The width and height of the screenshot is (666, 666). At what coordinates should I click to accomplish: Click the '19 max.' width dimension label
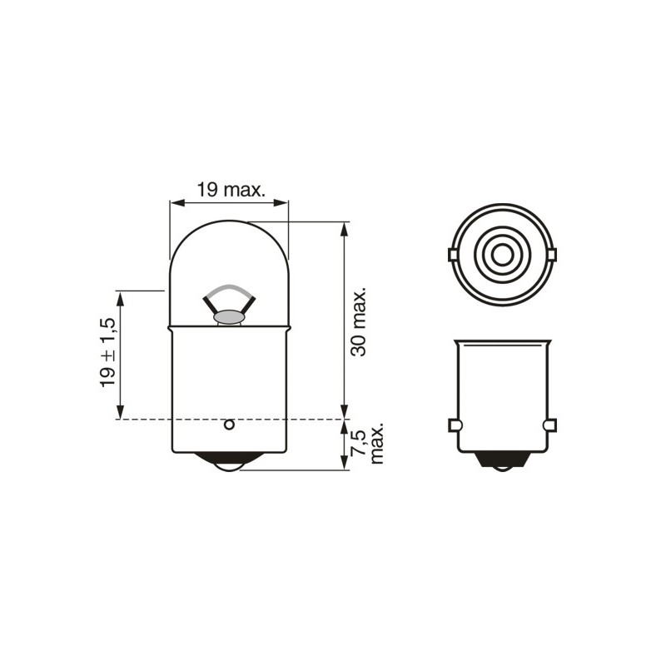(231, 190)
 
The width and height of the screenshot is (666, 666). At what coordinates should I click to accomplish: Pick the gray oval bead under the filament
(228, 317)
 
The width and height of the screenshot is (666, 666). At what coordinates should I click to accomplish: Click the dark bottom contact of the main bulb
(228, 462)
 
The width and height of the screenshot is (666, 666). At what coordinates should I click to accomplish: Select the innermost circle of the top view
(500, 253)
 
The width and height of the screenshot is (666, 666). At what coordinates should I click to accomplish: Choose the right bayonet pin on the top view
(550, 254)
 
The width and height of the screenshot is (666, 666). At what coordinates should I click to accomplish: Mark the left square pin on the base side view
(454, 425)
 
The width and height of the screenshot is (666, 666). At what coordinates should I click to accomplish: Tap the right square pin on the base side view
(548, 425)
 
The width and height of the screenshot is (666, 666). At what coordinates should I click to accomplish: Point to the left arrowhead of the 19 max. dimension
(173, 201)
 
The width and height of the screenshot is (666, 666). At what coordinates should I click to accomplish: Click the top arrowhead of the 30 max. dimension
(344, 226)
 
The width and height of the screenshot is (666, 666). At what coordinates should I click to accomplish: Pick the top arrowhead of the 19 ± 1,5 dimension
(122, 296)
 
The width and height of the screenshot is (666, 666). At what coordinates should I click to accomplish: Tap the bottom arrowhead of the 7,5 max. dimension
(344, 465)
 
